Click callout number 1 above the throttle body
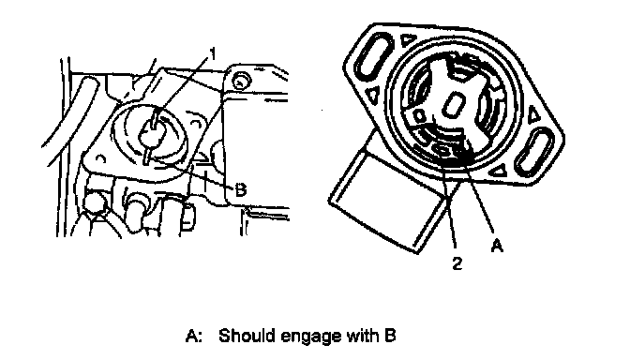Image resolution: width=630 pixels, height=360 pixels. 213,53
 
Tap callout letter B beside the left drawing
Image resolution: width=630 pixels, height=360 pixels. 240,189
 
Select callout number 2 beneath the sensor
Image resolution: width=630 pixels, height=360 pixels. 457,263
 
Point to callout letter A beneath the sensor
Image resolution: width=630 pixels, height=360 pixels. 498,245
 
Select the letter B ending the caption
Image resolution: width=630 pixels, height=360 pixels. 390,335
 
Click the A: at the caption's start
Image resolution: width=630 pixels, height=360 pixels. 194,336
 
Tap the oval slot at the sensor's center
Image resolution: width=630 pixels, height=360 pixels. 453,105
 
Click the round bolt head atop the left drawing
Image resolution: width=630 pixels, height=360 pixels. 241,81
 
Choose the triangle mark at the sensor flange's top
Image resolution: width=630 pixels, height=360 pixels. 409,39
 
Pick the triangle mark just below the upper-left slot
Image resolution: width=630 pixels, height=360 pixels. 373,95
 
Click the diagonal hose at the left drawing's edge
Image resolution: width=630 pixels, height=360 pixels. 71,121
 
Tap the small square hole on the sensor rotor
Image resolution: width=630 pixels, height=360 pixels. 419,116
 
